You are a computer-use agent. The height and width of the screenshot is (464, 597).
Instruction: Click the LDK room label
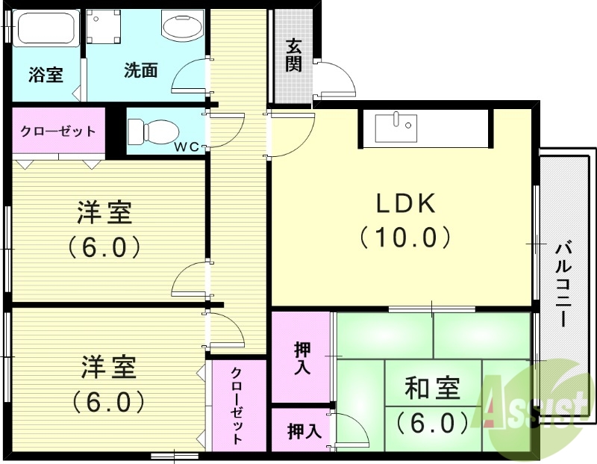click(404, 203)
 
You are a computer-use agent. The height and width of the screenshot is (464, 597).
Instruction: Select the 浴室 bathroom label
click(46, 75)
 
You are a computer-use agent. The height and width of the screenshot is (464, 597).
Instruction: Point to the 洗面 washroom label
click(141, 71)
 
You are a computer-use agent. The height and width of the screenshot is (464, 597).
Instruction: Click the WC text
click(187, 146)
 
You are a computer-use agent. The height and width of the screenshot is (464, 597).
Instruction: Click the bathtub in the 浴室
click(45, 28)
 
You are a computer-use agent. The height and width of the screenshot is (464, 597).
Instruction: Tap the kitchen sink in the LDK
click(396, 127)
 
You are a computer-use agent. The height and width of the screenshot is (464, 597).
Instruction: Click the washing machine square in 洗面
click(101, 28)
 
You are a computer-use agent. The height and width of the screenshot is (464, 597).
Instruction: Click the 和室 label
click(432, 389)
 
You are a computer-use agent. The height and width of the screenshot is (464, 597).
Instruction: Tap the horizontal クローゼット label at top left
click(58, 132)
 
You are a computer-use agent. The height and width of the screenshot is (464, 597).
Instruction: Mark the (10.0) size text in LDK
click(404, 237)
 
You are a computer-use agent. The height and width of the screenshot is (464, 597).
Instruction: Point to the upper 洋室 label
click(104, 213)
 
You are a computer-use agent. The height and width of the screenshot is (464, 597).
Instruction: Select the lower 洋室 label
click(108, 368)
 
